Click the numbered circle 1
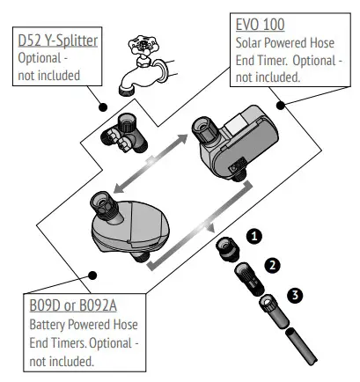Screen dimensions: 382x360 point(255,236)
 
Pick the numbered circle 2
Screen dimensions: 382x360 point(273,264)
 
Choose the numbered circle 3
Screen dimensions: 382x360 point(295,296)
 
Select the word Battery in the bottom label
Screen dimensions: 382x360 point(42,325)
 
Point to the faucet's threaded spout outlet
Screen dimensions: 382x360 point(123,85)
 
